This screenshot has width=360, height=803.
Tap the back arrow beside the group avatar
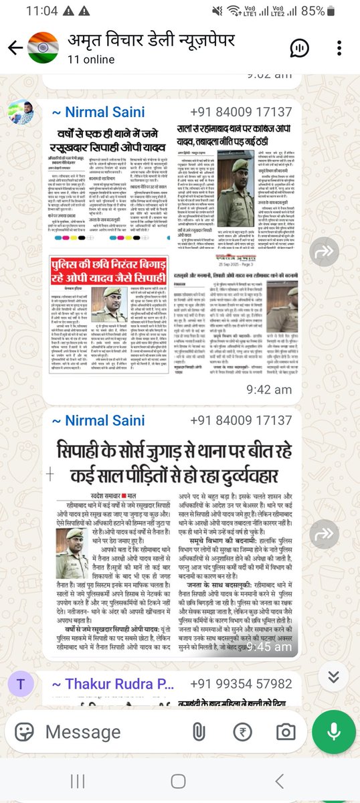[14, 47]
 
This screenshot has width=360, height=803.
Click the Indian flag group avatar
[43, 48]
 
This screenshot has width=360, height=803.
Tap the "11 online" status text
[91, 60]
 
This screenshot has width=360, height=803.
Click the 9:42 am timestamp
[268, 389]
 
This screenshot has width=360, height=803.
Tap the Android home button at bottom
[178, 781]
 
